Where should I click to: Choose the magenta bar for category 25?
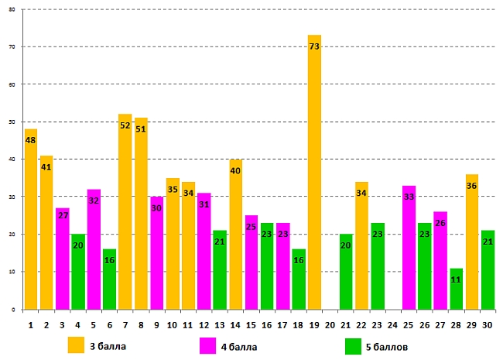click(409, 248)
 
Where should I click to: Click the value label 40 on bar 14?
click(235, 171)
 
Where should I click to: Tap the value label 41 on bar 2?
click(46, 166)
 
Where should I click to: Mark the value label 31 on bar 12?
click(204, 204)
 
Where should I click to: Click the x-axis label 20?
click(330, 324)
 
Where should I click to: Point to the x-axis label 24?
click(392, 324)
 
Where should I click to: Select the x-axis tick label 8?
click(141, 324)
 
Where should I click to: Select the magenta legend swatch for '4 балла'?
click(207, 345)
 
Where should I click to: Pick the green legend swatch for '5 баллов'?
click(354, 345)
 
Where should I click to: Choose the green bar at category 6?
click(109, 279)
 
